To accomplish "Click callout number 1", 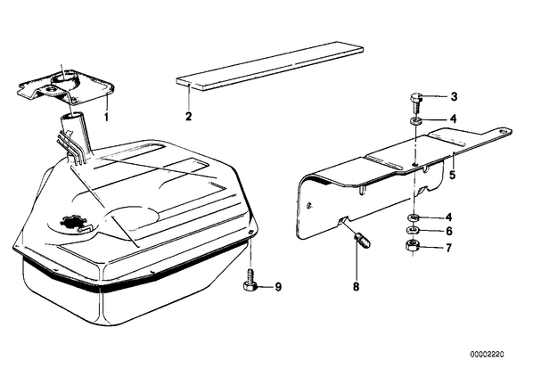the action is (x=106, y=118).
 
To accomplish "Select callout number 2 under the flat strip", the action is (x=188, y=116).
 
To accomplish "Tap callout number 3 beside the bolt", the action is (x=454, y=97).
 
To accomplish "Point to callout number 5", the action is (x=452, y=175).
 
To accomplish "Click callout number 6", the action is (x=449, y=232).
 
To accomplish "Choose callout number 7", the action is (x=448, y=248).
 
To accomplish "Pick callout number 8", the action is (x=356, y=287).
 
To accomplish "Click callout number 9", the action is (x=278, y=287).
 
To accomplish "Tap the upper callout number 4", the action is (x=453, y=119).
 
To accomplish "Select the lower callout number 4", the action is (x=448, y=217).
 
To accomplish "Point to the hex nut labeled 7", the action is (x=412, y=245).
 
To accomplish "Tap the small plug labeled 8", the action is (x=364, y=240).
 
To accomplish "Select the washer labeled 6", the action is (x=412, y=231).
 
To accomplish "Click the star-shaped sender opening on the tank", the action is (x=70, y=222).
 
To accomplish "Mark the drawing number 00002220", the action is (x=488, y=355).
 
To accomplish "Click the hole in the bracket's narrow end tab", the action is (x=503, y=130).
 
